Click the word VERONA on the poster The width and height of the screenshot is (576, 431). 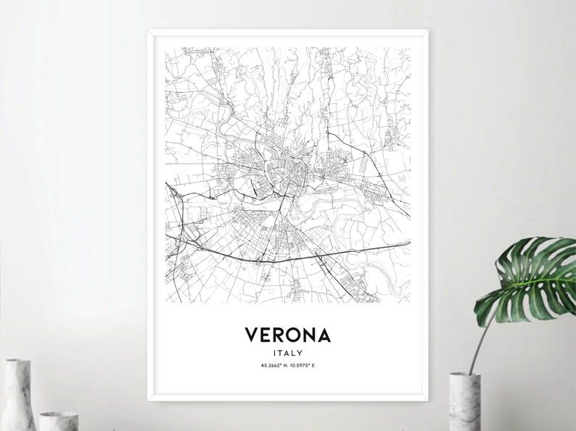[288, 335]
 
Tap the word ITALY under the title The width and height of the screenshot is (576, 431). [288, 353]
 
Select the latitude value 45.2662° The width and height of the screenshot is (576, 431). [271, 366]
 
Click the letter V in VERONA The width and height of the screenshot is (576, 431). [252, 335]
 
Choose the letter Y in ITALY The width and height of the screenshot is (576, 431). [299, 353]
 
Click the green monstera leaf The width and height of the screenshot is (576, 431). [528, 280]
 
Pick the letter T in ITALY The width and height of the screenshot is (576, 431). [281, 353]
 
